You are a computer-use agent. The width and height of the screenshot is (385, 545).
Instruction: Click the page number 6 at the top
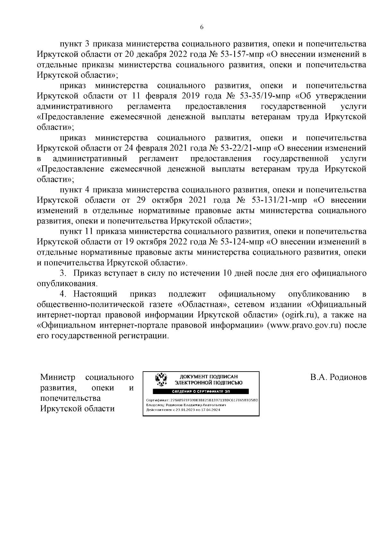tap(201, 27)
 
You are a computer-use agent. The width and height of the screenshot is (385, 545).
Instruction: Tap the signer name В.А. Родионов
tap(338, 377)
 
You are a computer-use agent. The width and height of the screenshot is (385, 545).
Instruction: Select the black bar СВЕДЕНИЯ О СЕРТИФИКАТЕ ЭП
tap(201, 391)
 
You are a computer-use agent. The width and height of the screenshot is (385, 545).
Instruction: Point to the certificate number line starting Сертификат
tap(201, 400)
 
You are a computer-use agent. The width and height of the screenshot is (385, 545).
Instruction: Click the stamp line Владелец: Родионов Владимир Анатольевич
tap(184, 405)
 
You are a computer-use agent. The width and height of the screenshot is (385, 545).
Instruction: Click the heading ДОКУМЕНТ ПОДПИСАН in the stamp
tap(209, 377)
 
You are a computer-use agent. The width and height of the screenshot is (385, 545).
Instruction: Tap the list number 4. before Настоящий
tap(63, 294)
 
